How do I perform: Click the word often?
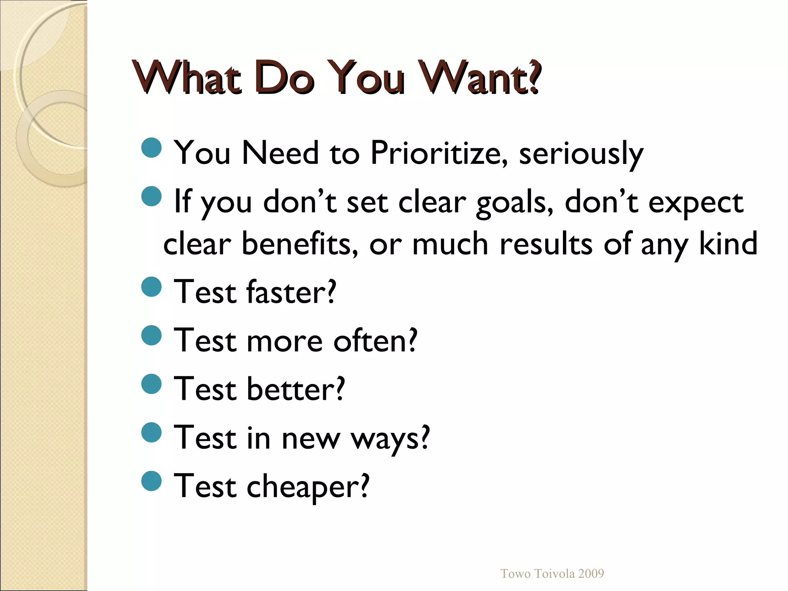click(x=375, y=341)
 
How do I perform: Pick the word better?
click(x=295, y=389)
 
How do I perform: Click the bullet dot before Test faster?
click(x=151, y=287)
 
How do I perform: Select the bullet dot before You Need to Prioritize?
click(x=151, y=148)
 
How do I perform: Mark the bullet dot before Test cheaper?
click(x=151, y=481)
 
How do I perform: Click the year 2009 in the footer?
click(x=591, y=574)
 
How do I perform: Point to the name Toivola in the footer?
click(x=552, y=574)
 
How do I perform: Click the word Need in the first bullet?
click(x=280, y=153)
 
